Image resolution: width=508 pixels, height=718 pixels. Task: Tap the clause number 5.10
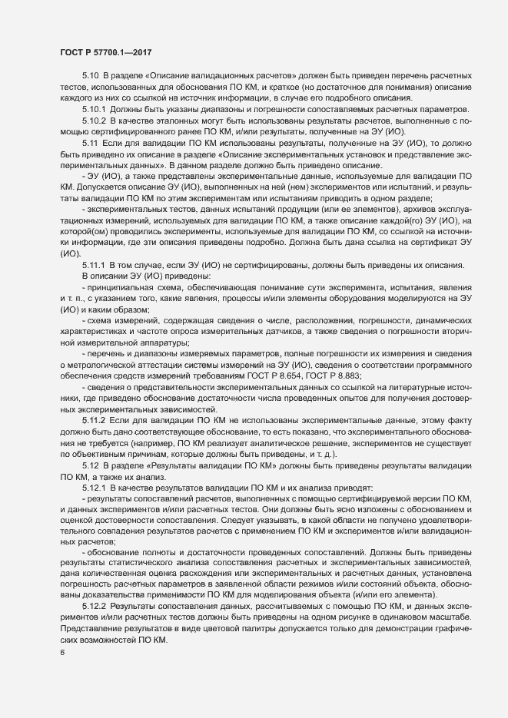(91, 78)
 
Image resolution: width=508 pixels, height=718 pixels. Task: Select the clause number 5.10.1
(94, 110)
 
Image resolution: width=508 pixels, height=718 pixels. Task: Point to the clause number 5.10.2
(94, 121)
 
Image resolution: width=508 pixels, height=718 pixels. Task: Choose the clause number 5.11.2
(94, 444)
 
